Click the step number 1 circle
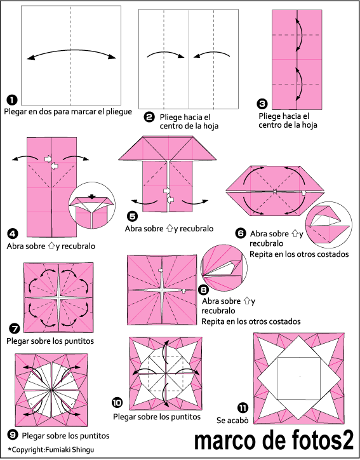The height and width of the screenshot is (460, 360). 12,100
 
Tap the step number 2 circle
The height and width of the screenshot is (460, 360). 149,117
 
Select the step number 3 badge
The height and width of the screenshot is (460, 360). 262,104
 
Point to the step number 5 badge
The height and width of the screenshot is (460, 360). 132,216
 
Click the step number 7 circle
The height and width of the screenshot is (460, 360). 15,328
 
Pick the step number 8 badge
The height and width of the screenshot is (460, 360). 203,290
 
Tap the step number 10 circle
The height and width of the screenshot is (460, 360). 117,403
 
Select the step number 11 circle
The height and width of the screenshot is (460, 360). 243,408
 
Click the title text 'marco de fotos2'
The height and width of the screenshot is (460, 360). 274,440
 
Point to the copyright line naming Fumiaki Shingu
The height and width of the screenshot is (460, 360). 51,449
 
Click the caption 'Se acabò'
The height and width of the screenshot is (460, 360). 232,421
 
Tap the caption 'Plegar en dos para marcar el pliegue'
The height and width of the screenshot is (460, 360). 68,112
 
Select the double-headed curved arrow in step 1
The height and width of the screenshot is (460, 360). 72,51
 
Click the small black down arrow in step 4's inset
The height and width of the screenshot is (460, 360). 92,197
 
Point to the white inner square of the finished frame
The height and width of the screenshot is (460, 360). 298,379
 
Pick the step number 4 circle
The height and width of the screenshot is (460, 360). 13,234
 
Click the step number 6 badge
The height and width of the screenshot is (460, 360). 241,233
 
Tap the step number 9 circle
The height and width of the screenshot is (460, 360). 13,435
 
